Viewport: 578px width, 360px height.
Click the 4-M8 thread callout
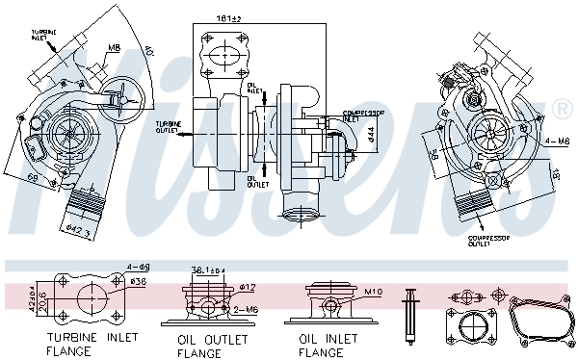pos(557,141)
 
